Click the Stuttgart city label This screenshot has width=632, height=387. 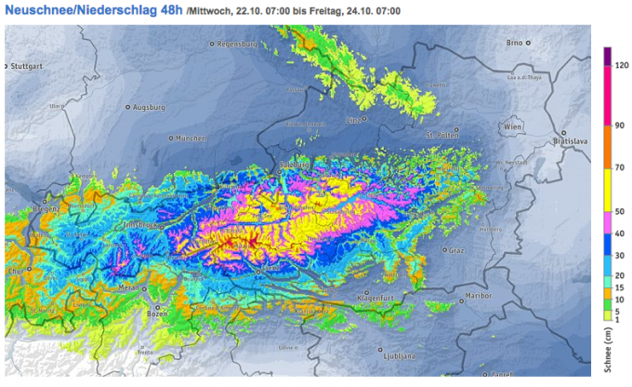click(x=27, y=66)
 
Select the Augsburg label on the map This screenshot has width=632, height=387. click(x=149, y=107)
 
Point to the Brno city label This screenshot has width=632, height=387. click(x=516, y=42)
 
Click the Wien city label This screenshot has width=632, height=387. click(x=513, y=125)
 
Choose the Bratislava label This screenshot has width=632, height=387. click(x=572, y=142)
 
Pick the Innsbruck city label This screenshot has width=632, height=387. click(x=139, y=224)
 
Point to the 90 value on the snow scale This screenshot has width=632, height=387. click(x=618, y=126)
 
